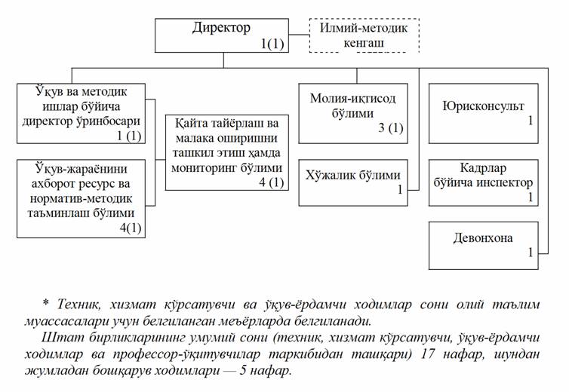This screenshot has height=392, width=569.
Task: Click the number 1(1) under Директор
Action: tap(272, 44)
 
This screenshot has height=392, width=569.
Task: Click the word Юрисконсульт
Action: tap(483, 106)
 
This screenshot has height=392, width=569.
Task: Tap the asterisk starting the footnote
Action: tap(45, 304)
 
